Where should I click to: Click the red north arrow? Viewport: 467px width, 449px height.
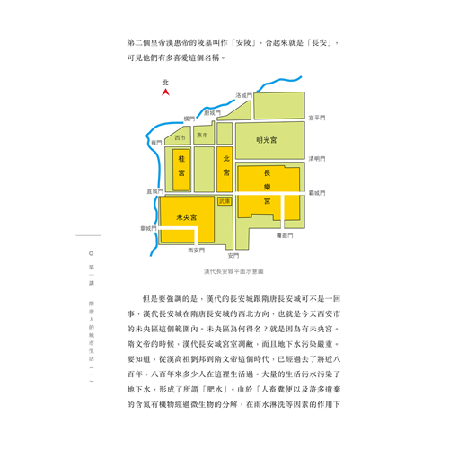[x=165, y=92]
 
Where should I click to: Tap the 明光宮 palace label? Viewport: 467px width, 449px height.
[x=267, y=140]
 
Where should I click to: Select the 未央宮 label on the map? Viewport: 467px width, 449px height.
[x=187, y=217]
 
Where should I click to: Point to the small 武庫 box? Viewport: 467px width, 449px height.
[x=225, y=201]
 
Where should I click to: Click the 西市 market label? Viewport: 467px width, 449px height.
[x=180, y=137]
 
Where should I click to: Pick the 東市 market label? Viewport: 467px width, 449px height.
[x=202, y=136]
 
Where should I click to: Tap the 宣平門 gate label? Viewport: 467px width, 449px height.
[x=317, y=118]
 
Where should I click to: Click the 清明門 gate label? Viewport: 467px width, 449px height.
[x=317, y=159]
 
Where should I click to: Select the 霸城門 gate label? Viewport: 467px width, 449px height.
[x=317, y=193]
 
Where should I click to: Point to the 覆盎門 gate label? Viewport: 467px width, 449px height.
[x=285, y=235]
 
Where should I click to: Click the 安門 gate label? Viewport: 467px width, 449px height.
[x=233, y=256]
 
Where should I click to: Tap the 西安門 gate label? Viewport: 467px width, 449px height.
[x=197, y=251]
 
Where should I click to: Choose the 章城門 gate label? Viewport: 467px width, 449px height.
[x=148, y=228]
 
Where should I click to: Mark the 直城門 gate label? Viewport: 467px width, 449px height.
[x=154, y=191]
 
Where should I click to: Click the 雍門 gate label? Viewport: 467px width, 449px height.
[x=156, y=143]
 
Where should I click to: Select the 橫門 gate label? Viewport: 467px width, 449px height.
[x=189, y=119]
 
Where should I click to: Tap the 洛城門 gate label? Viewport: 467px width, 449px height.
[x=243, y=95]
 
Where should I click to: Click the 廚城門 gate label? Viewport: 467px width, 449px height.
[x=212, y=113]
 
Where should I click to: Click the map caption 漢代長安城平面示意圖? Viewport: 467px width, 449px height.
[x=233, y=271]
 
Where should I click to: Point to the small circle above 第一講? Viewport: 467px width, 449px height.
[x=92, y=253]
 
